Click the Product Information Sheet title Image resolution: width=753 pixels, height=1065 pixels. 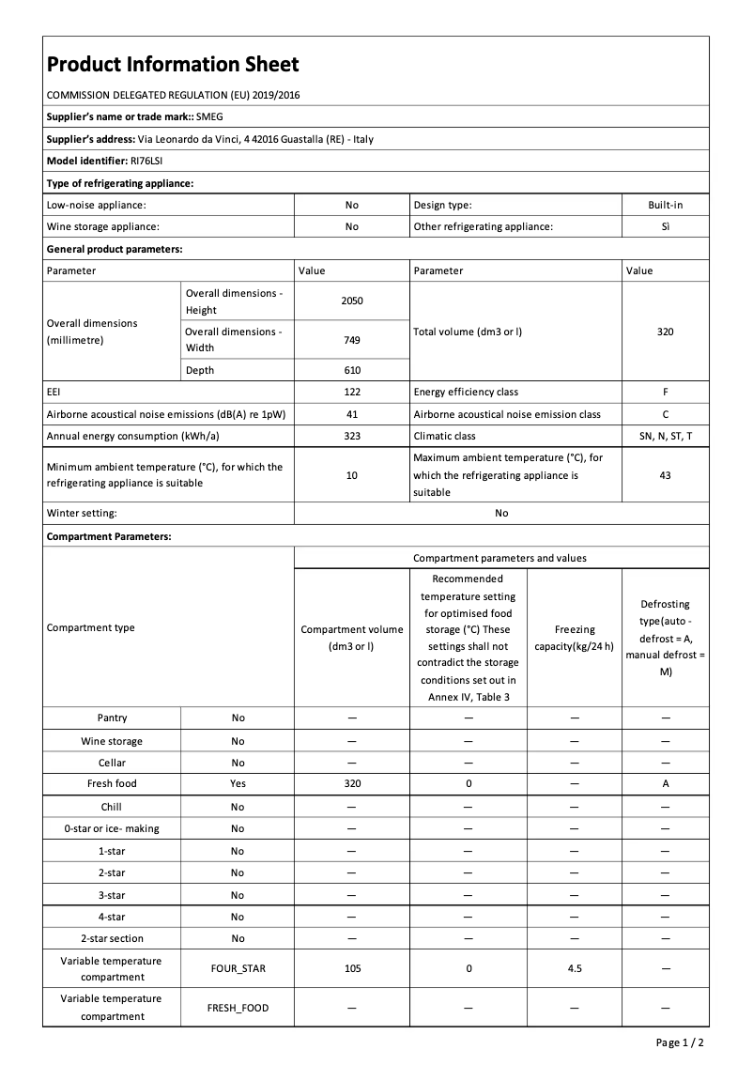(173, 64)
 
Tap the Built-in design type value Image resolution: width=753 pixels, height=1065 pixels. (665, 205)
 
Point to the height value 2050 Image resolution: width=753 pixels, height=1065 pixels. (352, 301)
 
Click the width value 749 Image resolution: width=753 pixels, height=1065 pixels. (352, 340)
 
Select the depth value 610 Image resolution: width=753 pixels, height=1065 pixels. (352, 370)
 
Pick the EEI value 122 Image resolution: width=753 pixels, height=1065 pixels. (352, 392)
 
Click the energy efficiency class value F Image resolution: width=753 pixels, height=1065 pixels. (665, 392)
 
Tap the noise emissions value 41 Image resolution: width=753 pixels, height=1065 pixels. (352, 414)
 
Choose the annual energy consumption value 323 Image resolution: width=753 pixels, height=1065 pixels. (352, 436)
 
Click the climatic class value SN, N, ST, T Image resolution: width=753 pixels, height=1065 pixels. (665, 436)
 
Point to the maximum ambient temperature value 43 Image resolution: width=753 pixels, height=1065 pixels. (665, 475)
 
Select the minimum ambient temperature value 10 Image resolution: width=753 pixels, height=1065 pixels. (352, 475)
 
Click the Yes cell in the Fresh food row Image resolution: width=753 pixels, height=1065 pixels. (238, 783)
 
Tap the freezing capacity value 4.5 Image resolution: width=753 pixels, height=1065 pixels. (575, 968)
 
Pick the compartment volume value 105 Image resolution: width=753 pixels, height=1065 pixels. (352, 968)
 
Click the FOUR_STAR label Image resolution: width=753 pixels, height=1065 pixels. (238, 968)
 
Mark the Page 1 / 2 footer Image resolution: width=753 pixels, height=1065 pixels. (680, 1042)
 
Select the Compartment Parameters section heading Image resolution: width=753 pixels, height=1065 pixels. (109, 536)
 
